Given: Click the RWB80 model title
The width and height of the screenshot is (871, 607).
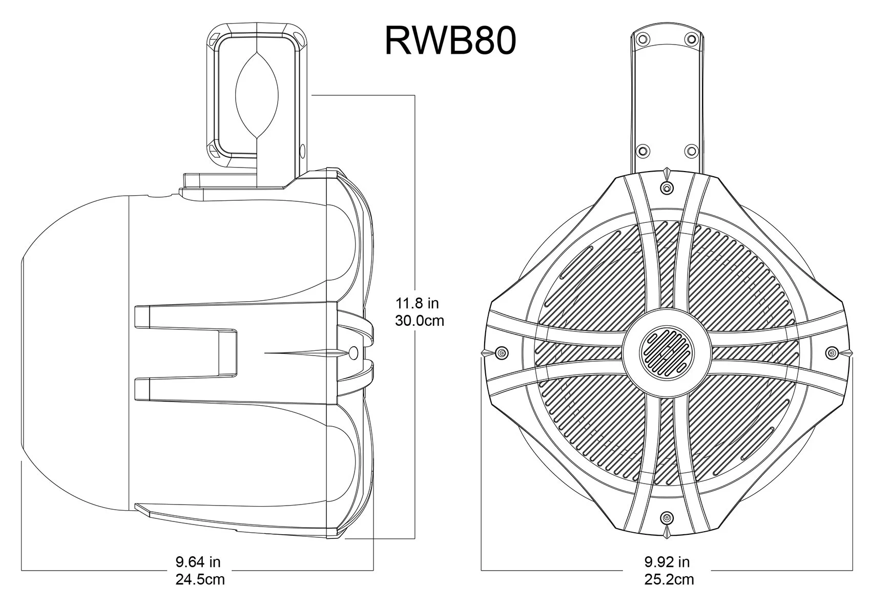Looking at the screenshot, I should click(x=450, y=41).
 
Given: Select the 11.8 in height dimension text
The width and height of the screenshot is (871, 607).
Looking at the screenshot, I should click(x=417, y=303).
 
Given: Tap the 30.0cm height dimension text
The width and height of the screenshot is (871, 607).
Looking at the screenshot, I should click(x=419, y=321).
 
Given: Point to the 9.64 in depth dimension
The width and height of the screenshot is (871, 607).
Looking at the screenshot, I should click(x=198, y=562).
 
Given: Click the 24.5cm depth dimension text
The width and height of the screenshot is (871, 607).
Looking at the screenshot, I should click(x=200, y=579).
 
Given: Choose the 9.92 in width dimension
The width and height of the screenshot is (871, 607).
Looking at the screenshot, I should click(x=667, y=562).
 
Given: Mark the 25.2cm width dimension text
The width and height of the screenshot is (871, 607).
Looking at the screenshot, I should click(x=669, y=579).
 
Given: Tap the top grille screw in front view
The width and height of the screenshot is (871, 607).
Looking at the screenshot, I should click(x=666, y=189).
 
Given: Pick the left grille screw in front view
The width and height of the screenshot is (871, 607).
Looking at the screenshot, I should click(x=501, y=352).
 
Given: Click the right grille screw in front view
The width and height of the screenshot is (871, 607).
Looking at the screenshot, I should click(x=832, y=352).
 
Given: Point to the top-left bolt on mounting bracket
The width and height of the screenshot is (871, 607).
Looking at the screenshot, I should click(x=640, y=38).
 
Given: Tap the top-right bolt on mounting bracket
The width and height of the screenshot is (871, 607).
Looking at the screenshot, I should click(x=691, y=38).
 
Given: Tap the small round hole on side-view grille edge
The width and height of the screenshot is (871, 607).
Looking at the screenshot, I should click(x=354, y=353).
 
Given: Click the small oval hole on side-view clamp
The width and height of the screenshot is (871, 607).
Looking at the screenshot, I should click(x=302, y=151).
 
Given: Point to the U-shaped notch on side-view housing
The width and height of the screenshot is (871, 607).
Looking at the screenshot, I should click(x=184, y=353).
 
